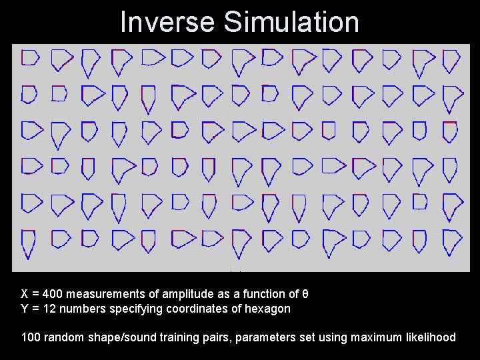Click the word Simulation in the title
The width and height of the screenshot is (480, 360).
[291, 21]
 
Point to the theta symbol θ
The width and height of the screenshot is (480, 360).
[305, 294]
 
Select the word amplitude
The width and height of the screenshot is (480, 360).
[189, 294]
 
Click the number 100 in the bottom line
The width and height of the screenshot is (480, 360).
[31, 337]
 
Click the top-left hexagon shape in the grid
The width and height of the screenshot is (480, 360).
[29, 58]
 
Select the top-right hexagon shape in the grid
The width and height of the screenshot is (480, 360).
[451, 61]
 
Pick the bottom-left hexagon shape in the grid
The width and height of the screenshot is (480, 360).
[29, 243]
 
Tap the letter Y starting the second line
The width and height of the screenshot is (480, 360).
[25, 309]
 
